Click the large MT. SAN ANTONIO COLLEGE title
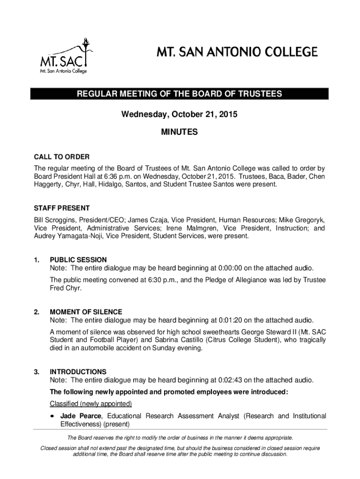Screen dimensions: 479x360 [x=237, y=51]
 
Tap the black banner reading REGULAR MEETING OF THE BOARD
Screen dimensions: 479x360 [x=180, y=94]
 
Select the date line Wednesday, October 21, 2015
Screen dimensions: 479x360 [x=180, y=114]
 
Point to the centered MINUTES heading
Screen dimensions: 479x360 [x=180, y=133]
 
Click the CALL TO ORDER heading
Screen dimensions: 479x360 [x=62, y=157]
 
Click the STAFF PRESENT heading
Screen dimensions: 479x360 [x=62, y=208]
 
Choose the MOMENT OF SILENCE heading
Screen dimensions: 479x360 [x=86, y=312]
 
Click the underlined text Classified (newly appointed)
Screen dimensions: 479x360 [x=91, y=404]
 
